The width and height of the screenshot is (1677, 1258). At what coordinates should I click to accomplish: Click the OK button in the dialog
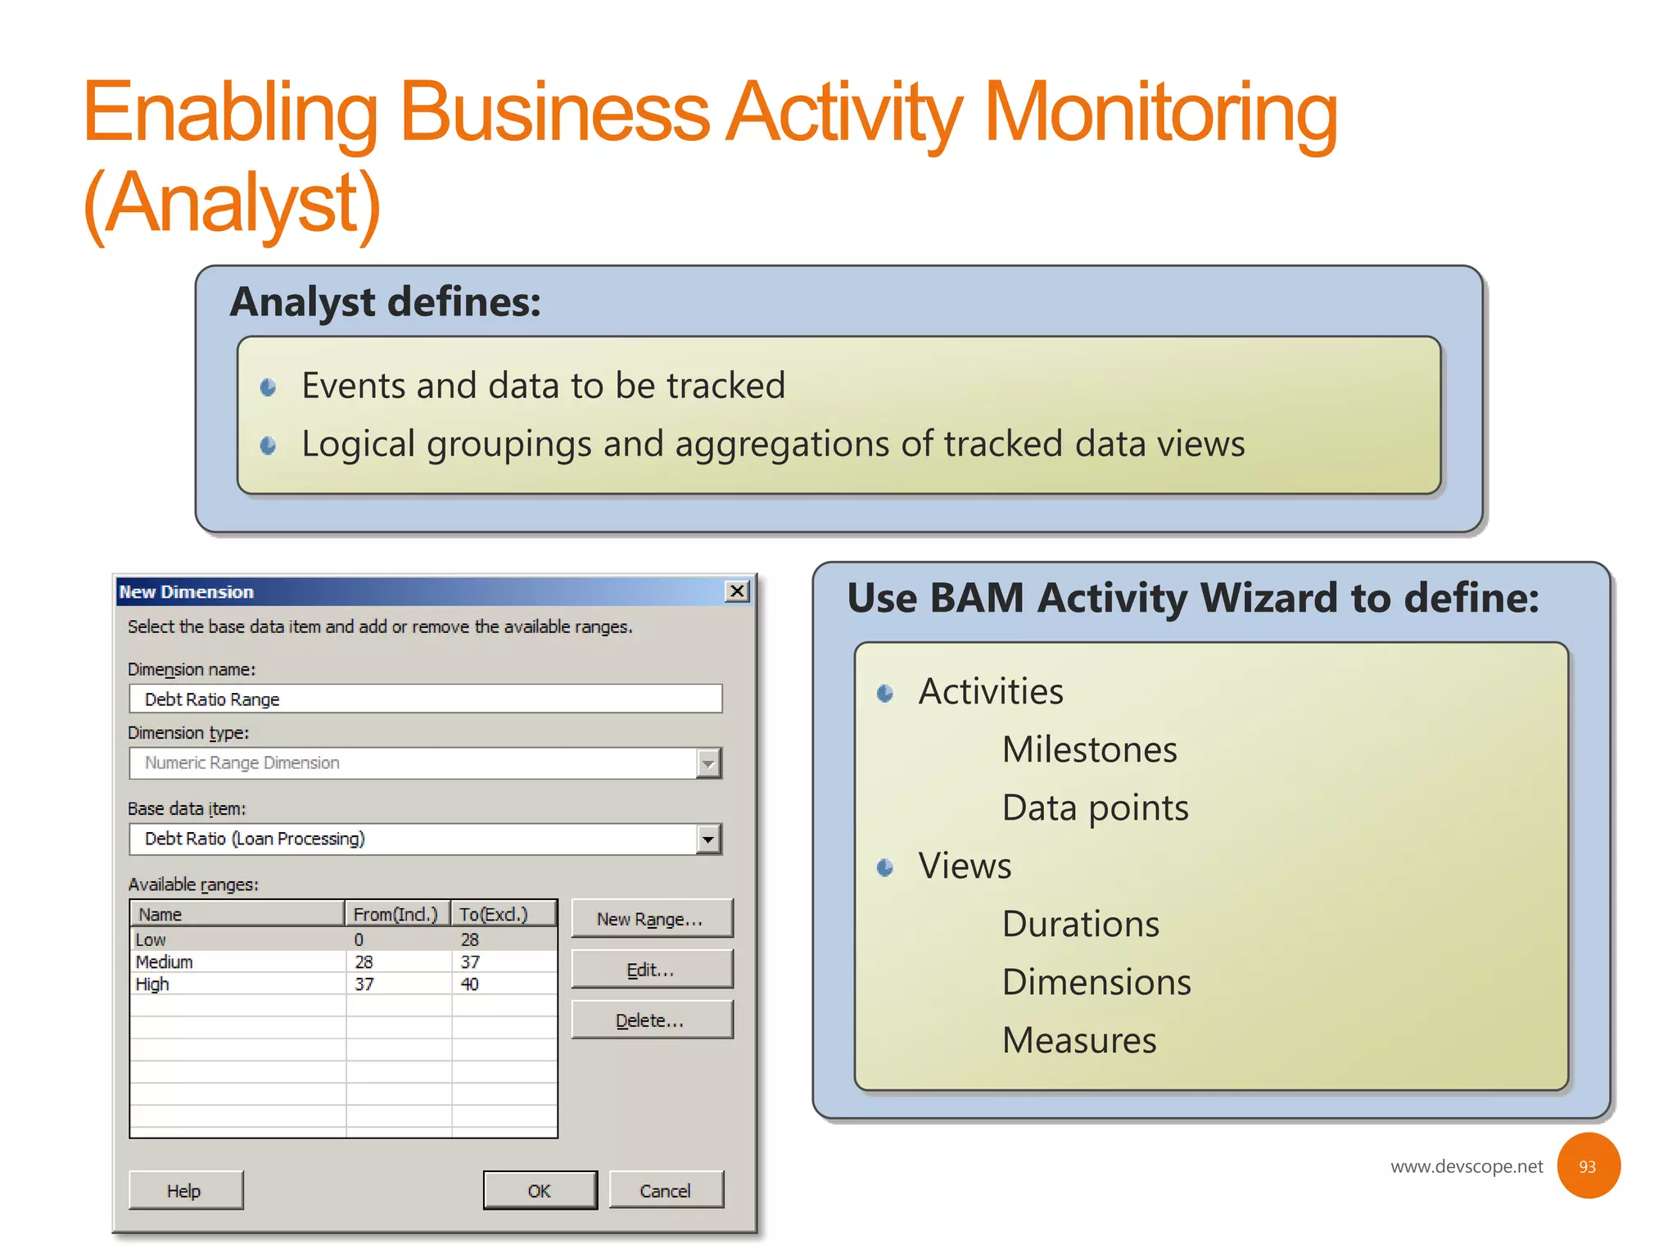pos(540,1190)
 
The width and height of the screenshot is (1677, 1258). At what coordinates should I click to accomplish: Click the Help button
pos(185,1190)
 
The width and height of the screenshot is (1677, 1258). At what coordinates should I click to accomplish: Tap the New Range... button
pos(651,919)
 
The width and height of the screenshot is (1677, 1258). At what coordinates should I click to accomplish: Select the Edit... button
pos(651,970)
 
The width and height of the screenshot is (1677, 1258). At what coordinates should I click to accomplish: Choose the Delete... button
pos(651,1020)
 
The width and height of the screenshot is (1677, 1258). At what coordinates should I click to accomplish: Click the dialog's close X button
pos(737,591)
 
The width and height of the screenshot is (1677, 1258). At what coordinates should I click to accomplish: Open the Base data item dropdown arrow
pos(708,839)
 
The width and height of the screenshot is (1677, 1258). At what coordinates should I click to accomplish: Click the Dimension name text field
pos(425,699)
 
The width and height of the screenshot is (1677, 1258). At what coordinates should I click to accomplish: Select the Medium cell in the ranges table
pos(165,962)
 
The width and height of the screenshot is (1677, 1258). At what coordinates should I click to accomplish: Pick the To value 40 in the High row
pos(469,984)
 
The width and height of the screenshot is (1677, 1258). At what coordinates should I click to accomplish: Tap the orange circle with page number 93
pos(1587,1166)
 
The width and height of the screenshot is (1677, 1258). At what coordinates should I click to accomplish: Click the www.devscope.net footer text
pos(1466,1166)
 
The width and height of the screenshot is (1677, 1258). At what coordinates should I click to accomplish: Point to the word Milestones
pos(1089,749)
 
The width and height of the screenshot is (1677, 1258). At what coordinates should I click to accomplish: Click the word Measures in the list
pos(1079,1040)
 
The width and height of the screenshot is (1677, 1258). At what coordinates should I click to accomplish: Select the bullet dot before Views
pos(884,867)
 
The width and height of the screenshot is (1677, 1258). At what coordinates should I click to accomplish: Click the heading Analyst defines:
pos(385,301)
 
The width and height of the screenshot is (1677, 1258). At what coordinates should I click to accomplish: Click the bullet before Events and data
pos(268,387)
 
